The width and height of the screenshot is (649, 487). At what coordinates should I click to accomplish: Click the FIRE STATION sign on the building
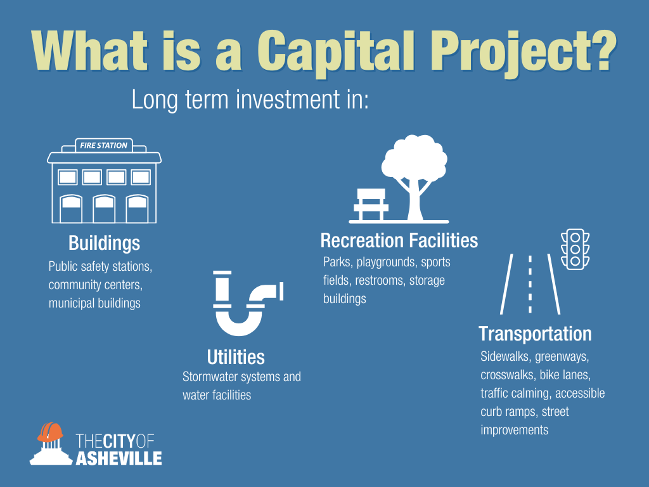[x=104, y=145]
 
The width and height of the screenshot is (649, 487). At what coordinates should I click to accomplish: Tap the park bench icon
[x=371, y=205]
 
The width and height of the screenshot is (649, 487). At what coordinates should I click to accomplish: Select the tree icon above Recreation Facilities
[x=414, y=178]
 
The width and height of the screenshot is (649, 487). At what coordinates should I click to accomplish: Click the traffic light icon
[x=575, y=249]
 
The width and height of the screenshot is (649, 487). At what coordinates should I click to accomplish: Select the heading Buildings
[x=105, y=243]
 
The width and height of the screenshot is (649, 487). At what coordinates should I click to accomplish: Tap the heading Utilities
[x=236, y=357]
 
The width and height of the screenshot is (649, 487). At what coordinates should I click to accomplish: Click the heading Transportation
[x=535, y=334]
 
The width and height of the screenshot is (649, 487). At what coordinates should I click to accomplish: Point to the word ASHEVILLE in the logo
[x=119, y=458]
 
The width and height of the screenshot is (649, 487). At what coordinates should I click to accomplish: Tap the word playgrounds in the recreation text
[x=387, y=263]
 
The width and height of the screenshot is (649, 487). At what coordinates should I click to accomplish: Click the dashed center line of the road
[x=530, y=284]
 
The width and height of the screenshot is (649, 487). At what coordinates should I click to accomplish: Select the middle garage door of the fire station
[x=105, y=209]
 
